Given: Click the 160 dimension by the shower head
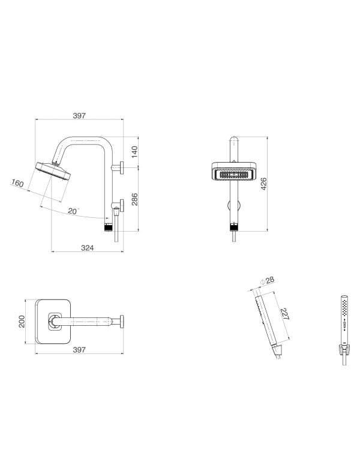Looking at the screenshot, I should (18, 184).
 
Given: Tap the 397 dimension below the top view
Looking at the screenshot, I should (80, 349).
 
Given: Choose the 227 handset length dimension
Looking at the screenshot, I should (284, 314).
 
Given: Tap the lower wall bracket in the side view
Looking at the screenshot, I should (120, 206).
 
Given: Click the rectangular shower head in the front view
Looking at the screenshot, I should (233, 173).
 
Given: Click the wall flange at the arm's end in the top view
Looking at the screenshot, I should (122, 322).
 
